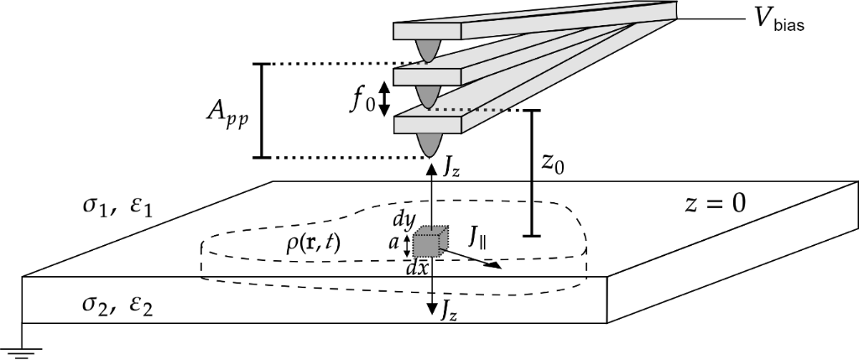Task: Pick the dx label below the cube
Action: [417, 269]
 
